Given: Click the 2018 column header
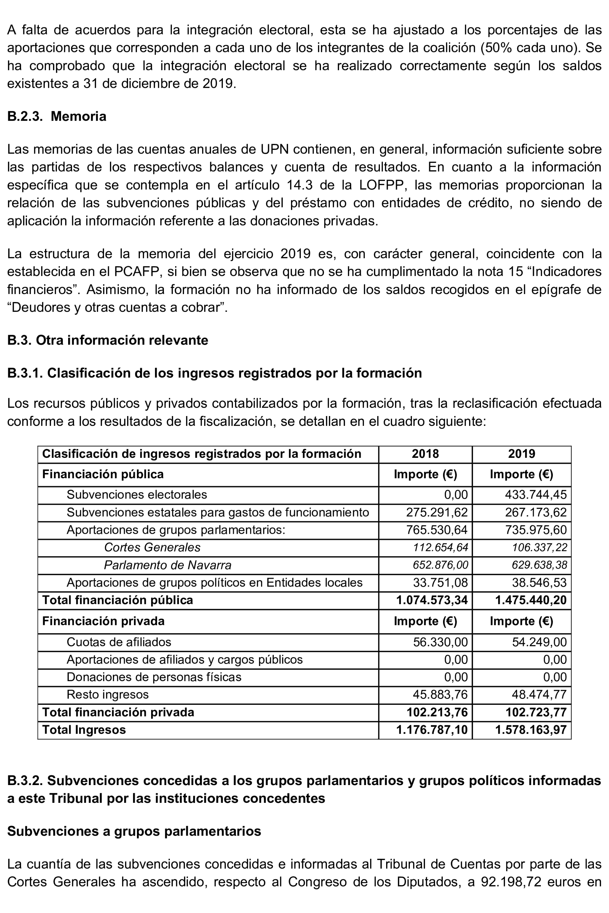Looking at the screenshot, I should click(425, 454).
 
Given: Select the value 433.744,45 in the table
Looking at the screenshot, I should click(536, 495).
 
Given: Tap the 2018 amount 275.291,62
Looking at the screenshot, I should click(437, 512).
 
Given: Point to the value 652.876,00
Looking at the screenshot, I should click(440, 565).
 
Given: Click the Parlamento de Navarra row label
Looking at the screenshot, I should click(168, 565).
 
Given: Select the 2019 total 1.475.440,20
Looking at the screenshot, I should click(531, 600).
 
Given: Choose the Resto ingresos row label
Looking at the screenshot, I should click(108, 694).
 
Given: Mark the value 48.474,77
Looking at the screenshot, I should click(539, 694).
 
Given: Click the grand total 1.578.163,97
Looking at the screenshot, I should click(531, 729).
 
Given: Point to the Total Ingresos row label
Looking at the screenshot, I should click(84, 729).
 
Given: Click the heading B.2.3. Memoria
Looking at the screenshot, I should click(57, 116).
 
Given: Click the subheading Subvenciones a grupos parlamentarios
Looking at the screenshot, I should click(134, 831).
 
